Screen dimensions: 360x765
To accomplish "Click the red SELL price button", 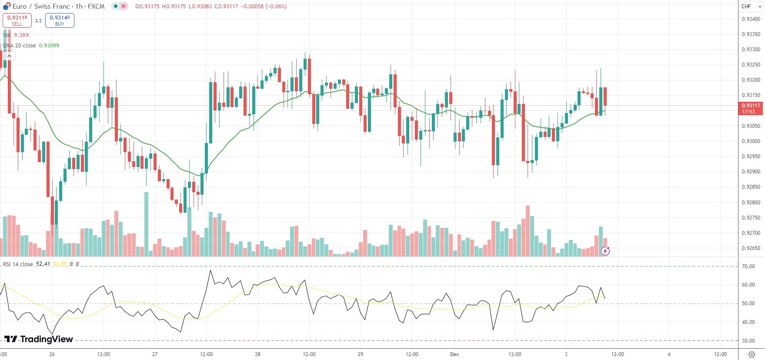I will [x=17, y=20].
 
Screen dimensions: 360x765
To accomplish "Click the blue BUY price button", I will [x=60, y=20].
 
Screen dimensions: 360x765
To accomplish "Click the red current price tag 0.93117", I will [x=751, y=108].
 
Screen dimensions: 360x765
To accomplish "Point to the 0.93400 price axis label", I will [x=751, y=19].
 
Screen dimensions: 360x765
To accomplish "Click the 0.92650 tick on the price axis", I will [x=751, y=248].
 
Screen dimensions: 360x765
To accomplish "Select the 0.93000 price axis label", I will [x=751, y=141].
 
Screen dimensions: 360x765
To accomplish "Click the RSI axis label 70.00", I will [x=748, y=267].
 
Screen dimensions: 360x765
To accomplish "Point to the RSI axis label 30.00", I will [x=748, y=341].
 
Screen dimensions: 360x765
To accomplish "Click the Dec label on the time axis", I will [x=454, y=354].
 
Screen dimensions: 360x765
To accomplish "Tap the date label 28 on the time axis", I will [x=257, y=354].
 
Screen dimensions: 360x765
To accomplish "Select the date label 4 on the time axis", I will [x=669, y=354].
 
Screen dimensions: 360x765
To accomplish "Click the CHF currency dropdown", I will [x=751, y=7].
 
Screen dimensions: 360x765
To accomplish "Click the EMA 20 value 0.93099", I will [x=49, y=46].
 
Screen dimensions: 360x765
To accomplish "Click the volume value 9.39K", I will [x=22, y=35].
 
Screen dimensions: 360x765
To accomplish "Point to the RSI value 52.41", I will [x=43, y=264].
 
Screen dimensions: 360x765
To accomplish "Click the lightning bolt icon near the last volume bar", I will [x=605, y=251].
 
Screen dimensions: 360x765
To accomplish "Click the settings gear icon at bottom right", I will [x=751, y=354].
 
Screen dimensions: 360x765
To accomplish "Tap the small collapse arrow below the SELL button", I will [x=9, y=56].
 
